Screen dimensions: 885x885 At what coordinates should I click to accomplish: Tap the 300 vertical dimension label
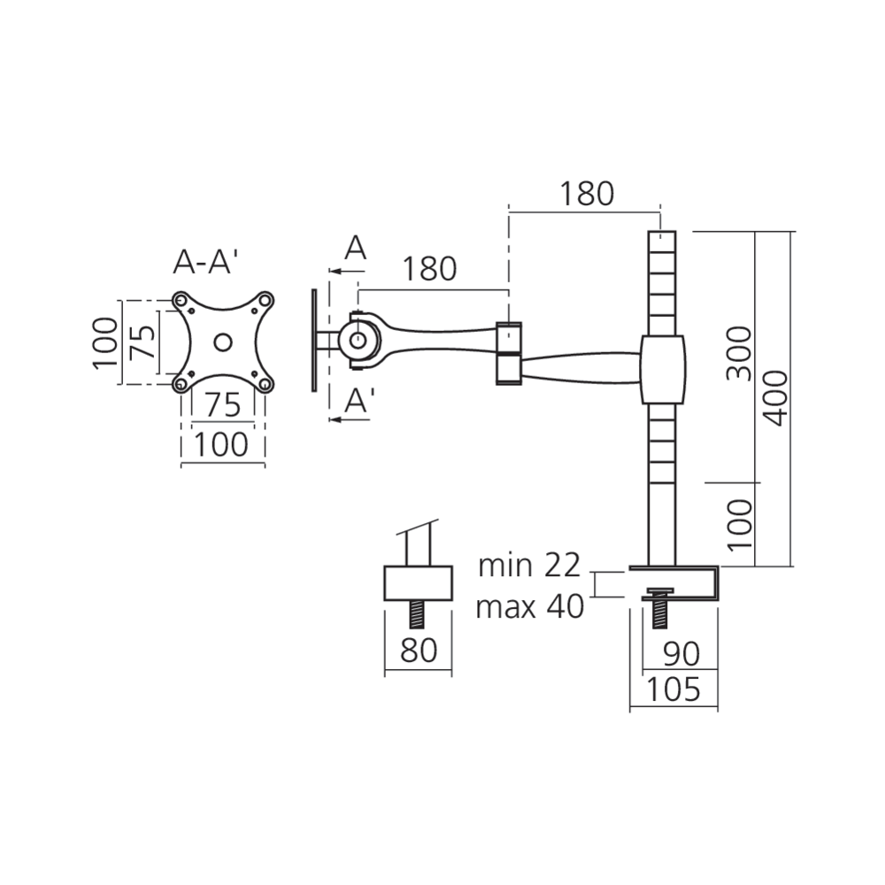[740, 353]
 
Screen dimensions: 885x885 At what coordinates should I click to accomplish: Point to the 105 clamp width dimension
[673, 689]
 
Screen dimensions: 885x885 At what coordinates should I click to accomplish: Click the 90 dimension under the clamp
[681, 654]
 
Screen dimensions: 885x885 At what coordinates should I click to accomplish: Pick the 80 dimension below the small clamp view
[419, 650]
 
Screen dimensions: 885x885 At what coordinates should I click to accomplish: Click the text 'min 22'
[529, 566]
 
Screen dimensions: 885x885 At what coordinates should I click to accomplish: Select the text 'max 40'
[530, 607]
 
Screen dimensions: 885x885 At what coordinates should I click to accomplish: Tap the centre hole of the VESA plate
[223, 342]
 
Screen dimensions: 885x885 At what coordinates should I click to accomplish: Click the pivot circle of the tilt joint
[358, 341]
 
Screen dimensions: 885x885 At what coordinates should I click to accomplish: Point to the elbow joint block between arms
[509, 353]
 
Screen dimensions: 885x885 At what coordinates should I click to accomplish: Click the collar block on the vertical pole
[663, 370]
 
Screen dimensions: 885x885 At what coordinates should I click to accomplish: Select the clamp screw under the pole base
[658, 608]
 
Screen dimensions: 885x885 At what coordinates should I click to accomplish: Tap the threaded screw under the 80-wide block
[419, 614]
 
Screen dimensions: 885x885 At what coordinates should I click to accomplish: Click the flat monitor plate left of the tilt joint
[314, 341]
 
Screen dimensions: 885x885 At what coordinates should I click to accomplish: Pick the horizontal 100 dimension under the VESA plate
[221, 444]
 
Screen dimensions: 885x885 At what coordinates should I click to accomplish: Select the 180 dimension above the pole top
[587, 194]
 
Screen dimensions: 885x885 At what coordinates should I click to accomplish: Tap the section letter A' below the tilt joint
[359, 400]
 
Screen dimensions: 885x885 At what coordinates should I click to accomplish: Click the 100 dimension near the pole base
[740, 525]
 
